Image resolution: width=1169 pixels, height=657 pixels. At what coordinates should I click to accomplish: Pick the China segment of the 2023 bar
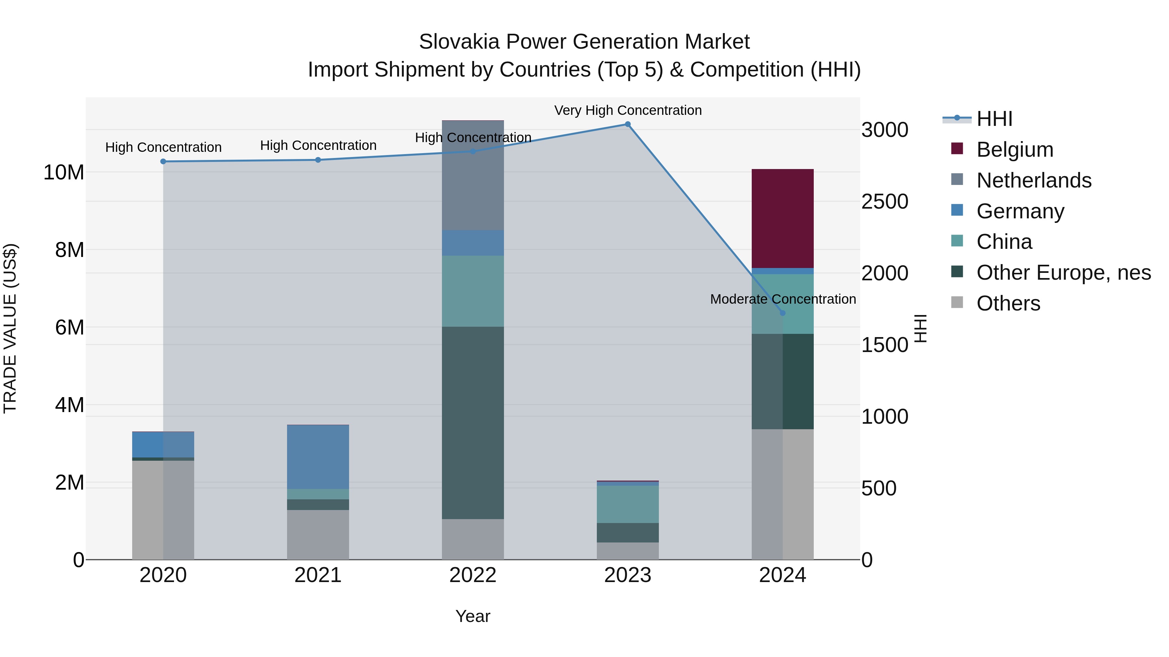pos(628,504)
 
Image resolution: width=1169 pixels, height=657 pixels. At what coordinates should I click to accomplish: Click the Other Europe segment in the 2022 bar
pos(473,422)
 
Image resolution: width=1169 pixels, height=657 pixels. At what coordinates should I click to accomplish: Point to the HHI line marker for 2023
pos(628,124)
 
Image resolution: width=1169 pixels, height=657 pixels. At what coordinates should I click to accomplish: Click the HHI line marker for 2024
pos(782,313)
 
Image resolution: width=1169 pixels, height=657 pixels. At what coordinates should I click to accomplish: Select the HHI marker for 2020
pos(163,162)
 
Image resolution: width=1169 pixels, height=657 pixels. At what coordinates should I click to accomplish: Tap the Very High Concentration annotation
pos(628,110)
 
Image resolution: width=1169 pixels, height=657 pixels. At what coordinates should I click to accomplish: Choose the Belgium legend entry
pos(1014,150)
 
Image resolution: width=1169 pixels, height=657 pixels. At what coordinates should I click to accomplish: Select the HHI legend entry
pos(994,119)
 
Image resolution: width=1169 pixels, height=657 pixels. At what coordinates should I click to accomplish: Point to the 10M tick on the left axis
pos(64,172)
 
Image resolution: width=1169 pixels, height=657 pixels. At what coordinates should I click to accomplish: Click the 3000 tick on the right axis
pos(885,130)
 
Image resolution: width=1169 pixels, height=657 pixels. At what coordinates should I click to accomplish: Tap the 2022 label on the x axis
pos(473,575)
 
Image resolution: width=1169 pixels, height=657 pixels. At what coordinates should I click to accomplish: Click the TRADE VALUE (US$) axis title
pos(10,328)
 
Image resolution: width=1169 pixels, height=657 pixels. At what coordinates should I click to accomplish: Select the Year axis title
pos(473,616)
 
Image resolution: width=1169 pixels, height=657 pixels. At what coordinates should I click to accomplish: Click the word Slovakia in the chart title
pos(459,42)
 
